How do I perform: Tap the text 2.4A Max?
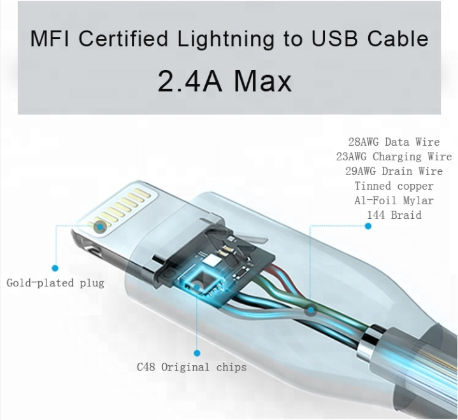[224, 80]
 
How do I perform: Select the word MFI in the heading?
[52, 39]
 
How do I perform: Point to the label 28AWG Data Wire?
[394, 142]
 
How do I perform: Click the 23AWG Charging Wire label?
[394, 157]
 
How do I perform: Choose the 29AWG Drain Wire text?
[394, 171]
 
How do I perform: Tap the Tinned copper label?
[394, 186]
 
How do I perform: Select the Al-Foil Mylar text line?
[394, 200]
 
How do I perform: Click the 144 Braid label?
[394, 215]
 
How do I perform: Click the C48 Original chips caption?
[192, 367]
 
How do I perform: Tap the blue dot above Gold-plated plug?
[55, 269]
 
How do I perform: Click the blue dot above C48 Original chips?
[197, 353]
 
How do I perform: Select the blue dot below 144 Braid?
[368, 227]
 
